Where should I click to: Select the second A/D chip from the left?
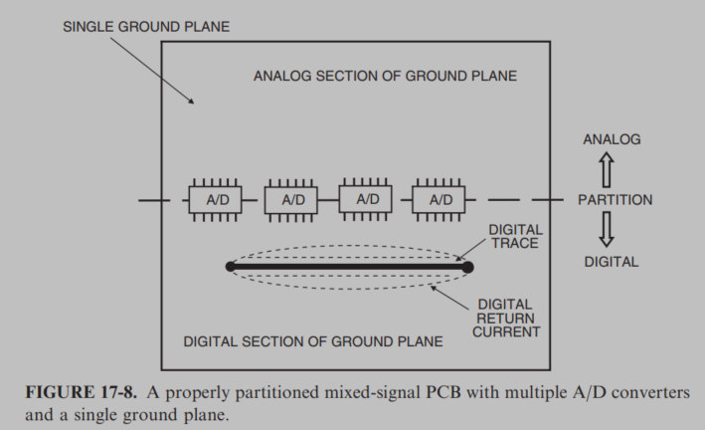[292, 199]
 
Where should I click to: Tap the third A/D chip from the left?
[368, 199]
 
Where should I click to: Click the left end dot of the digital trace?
[231, 266]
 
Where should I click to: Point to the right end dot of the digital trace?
[467, 266]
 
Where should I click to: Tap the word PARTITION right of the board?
[615, 200]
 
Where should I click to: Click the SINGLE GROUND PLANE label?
[146, 26]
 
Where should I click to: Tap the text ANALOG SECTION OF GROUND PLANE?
[385, 76]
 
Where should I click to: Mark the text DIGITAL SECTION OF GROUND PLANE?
[313, 341]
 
